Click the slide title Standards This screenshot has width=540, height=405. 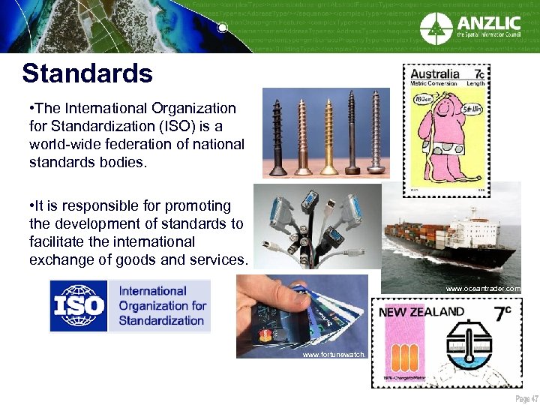(x=87, y=73)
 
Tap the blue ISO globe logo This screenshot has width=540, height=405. (x=79, y=306)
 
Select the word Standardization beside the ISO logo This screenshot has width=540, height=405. (x=161, y=320)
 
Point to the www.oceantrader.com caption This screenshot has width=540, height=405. (x=482, y=288)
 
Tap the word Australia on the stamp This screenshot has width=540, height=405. (x=436, y=74)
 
